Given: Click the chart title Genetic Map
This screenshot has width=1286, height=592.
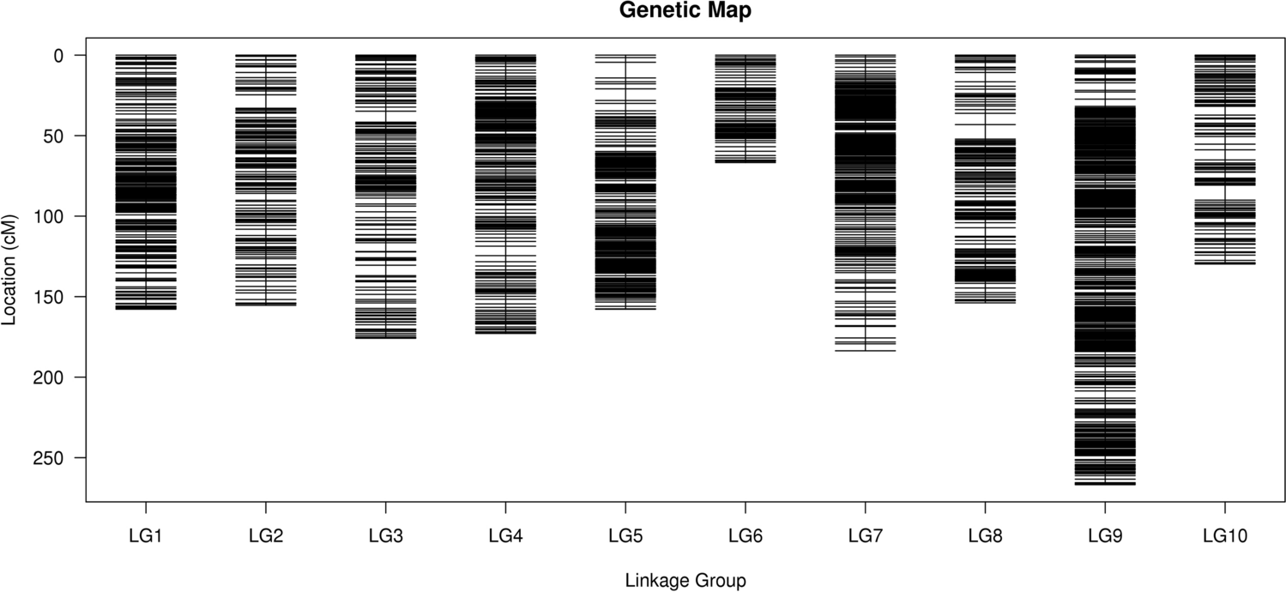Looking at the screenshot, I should [x=685, y=11].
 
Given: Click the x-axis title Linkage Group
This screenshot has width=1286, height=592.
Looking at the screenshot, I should [x=685, y=581].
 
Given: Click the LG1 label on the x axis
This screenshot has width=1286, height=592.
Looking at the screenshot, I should [x=146, y=537].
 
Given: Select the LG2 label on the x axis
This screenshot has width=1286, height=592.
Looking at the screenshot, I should [x=266, y=537].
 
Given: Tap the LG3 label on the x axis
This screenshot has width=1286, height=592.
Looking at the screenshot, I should [x=385, y=537].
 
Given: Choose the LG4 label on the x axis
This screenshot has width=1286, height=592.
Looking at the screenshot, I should [x=505, y=537].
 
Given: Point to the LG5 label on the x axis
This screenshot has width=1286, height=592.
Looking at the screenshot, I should [x=625, y=537].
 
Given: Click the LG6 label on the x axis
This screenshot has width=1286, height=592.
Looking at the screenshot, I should [x=745, y=537].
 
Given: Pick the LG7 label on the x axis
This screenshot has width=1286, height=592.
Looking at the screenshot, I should [x=865, y=537].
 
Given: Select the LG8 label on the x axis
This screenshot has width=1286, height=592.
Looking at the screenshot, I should [x=985, y=537].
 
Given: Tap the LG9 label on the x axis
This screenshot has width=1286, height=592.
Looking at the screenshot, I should [x=1105, y=537].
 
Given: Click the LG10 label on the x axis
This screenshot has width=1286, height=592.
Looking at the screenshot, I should [x=1224, y=537].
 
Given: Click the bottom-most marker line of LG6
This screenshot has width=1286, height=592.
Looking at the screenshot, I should [x=745, y=162].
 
